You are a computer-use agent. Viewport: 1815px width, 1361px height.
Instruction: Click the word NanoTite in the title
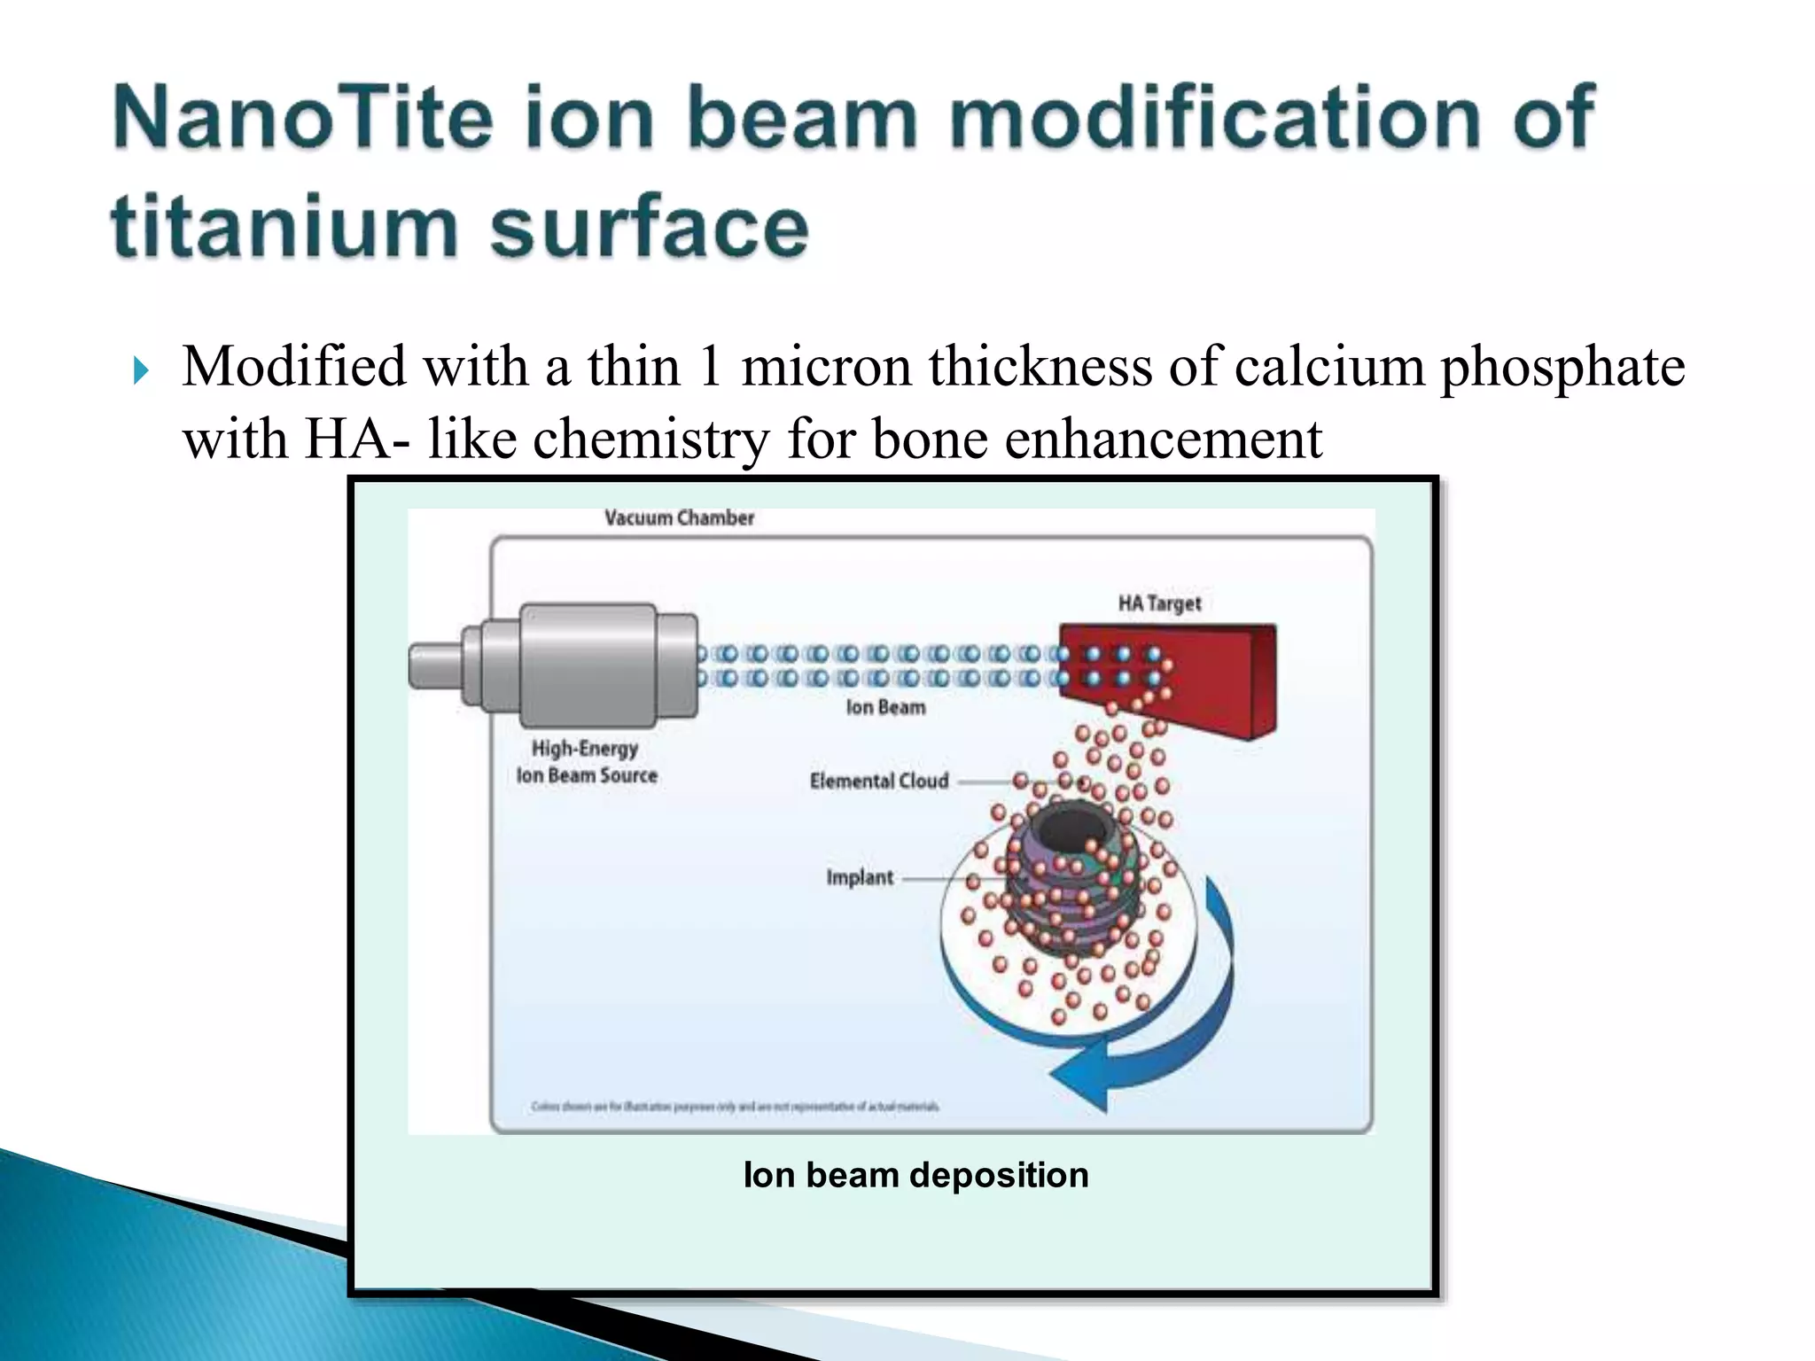click(302, 118)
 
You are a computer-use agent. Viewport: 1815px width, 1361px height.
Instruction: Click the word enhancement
click(1163, 439)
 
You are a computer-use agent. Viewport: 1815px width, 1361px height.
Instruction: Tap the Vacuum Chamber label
click(679, 518)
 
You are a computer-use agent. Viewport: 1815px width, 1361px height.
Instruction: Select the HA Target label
click(1159, 603)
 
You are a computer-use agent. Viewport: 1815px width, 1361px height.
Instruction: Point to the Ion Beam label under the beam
click(885, 707)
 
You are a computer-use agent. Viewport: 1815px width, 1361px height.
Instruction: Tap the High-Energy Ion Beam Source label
click(587, 761)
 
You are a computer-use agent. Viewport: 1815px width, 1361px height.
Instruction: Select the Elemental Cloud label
click(878, 781)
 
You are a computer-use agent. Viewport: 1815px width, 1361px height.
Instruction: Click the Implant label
click(860, 877)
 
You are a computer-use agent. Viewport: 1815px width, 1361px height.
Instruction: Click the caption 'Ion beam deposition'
click(915, 1175)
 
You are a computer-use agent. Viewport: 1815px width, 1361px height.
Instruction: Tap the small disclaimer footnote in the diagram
click(735, 1106)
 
